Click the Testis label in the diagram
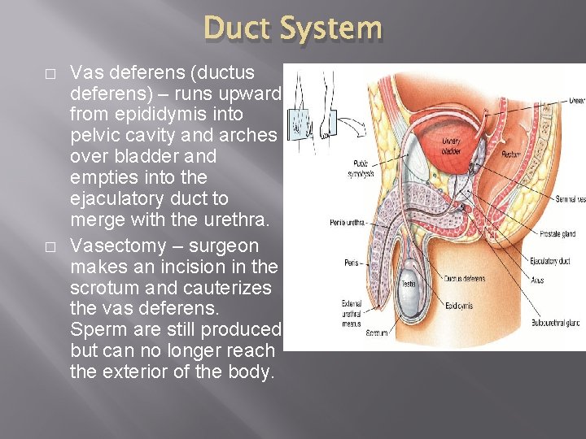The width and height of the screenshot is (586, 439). click(409, 284)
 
